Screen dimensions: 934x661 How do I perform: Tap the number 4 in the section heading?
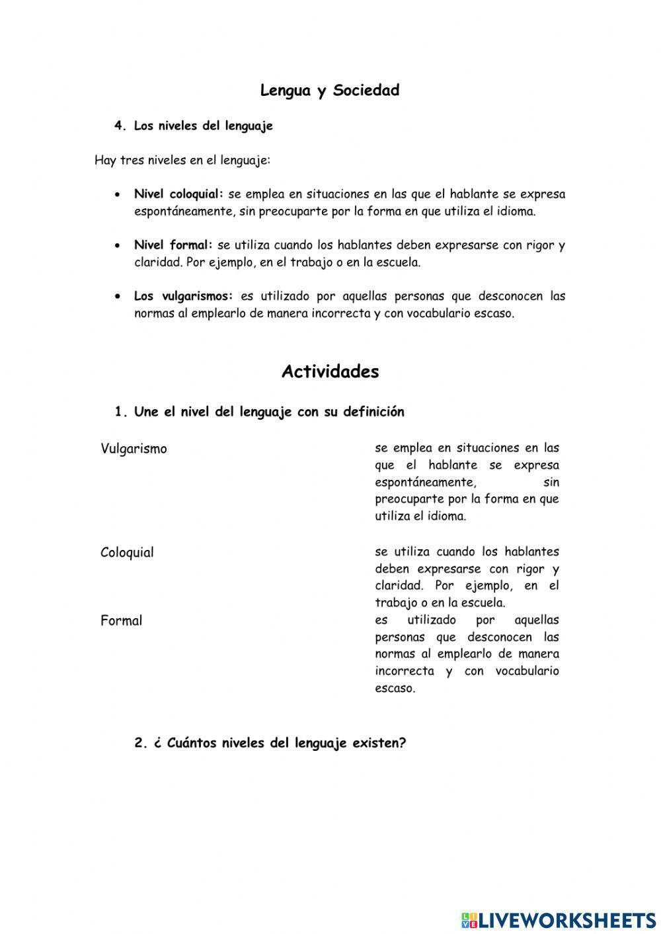click(x=119, y=126)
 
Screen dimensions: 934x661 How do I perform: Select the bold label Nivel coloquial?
click(x=179, y=194)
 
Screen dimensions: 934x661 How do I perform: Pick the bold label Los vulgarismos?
click(x=184, y=296)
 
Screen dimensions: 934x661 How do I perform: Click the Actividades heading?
click(x=330, y=371)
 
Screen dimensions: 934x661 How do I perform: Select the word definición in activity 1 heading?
click(x=373, y=412)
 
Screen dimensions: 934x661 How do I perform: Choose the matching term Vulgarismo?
click(x=134, y=449)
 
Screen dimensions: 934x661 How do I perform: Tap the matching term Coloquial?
click(x=127, y=553)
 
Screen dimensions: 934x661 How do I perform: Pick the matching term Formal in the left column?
click(x=121, y=621)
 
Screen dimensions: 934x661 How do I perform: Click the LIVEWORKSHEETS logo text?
click(x=567, y=919)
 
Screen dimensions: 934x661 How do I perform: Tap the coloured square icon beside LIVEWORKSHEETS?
click(x=469, y=919)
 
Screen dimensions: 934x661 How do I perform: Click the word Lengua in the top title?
click(x=286, y=91)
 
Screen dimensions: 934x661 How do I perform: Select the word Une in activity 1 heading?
click(x=147, y=412)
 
